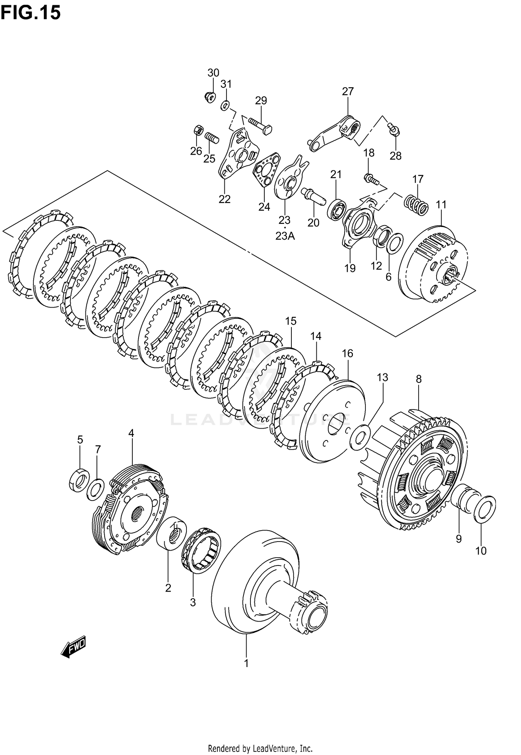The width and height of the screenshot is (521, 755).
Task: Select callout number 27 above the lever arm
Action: coord(348,91)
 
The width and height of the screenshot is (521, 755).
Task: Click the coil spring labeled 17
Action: coord(416,204)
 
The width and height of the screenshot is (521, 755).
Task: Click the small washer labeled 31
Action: coord(225,105)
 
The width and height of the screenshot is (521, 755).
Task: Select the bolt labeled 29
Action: coord(260,125)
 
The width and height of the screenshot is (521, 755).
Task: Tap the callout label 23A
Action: coord(285,236)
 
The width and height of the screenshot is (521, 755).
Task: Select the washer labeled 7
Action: coord(95,489)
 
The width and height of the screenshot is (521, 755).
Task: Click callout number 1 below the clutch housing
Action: coord(246,663)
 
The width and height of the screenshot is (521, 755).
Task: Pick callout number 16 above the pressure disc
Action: coord(347,354)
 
